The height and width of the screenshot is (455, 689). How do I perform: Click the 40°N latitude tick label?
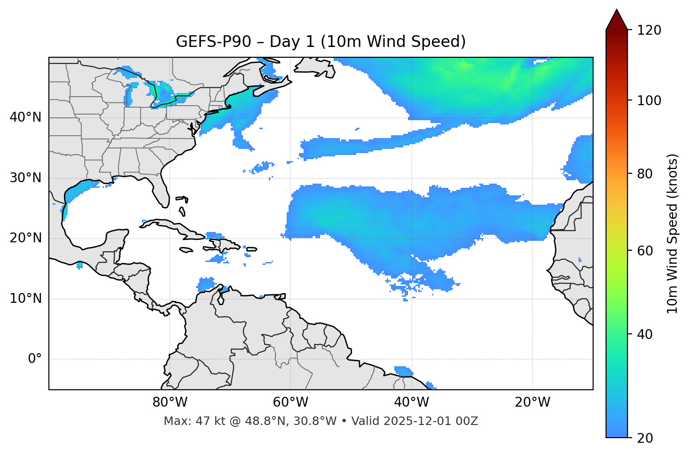click(25, 117)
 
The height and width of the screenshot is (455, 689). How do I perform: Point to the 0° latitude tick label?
click(35, 359)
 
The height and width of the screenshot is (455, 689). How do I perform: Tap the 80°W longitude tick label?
click(170, 402)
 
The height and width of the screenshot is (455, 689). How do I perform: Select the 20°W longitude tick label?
click(532, 402)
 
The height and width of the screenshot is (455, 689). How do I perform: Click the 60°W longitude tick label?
click(290, 402)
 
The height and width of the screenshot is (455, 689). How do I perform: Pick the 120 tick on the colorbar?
click(649, 31)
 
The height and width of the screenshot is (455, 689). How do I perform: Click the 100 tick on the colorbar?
click(649, 100)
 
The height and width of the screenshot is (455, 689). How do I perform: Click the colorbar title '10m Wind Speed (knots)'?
click(673, 233)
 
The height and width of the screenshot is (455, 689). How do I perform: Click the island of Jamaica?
click(186, 250)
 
